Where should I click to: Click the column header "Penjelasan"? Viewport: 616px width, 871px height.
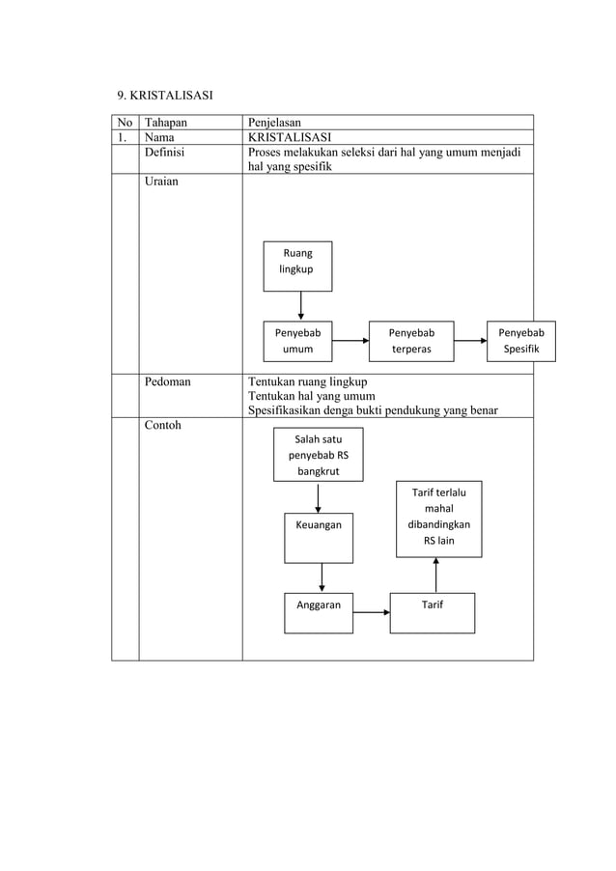(275, 123)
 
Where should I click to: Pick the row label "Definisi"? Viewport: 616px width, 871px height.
(165, 152)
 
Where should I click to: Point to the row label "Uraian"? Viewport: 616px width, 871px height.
(162, 182)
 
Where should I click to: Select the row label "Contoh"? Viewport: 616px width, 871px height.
(163, 425)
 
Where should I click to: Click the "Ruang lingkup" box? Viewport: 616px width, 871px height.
(297, 266)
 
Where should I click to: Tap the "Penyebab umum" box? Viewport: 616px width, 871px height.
(297, 341)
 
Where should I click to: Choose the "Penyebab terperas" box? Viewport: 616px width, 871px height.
(410, 341)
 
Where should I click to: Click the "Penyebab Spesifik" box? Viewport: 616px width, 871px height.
(520, 341)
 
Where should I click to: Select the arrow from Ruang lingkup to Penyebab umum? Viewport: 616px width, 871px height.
(301, 305)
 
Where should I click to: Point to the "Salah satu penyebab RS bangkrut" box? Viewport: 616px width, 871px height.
(319, 454)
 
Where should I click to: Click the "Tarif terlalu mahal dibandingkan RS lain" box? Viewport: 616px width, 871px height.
(438, 519)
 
